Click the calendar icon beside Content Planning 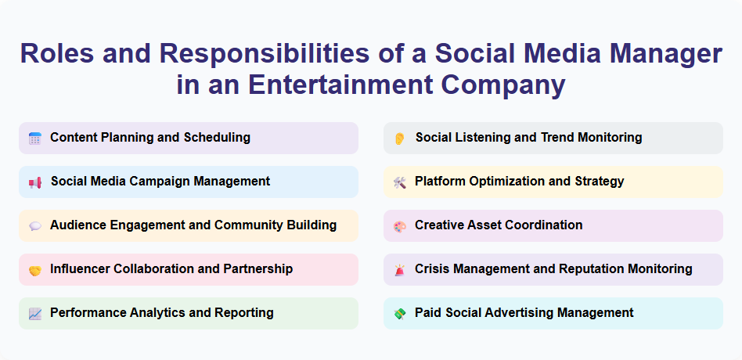click(34, 139)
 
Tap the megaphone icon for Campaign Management click(34, 182)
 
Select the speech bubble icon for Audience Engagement click(34, 226)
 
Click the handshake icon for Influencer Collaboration click(34, 270)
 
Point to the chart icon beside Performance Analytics click(34, 314)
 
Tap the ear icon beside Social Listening click(399, 139)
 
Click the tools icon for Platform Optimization click(399, 182)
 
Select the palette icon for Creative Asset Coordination click(399, 226)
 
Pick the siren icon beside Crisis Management click(399, 270)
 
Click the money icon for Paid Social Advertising click(399, 314)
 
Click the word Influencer click(81, 269)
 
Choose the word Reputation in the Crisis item click(593, 269)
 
